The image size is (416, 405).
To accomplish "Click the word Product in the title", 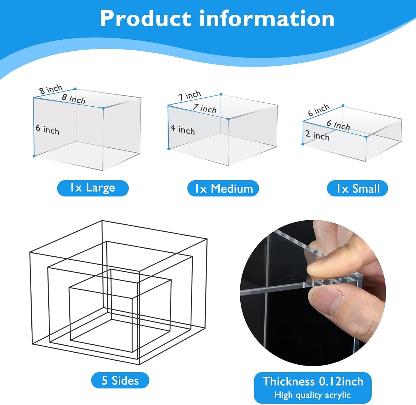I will point(145,18).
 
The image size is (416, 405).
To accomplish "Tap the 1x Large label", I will point(93,188).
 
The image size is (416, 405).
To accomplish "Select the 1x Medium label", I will point(223,189).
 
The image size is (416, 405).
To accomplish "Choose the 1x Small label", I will point(358,189).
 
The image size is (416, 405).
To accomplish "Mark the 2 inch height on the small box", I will point(317,135).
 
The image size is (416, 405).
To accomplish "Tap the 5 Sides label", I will point(120,381).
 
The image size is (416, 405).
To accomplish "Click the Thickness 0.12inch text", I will point(313,381).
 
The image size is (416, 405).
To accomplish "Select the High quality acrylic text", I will point(313,395).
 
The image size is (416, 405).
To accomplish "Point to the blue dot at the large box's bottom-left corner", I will point(34,156).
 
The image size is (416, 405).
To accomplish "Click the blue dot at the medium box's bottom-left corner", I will point(169,149).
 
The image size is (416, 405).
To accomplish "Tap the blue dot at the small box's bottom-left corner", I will point(303,144).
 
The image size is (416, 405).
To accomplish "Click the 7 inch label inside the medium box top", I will point(205,109).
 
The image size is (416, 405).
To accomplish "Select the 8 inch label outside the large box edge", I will point(51,89).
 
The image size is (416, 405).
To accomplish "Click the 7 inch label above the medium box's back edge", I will point(189,95).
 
